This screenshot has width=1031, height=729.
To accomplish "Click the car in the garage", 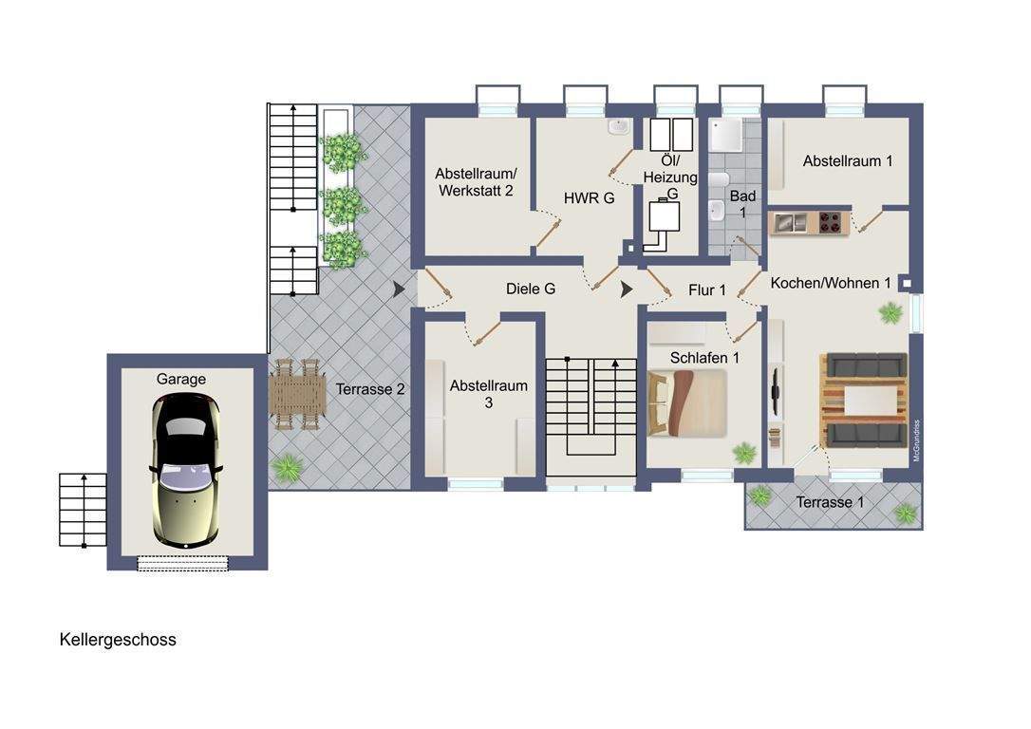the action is [x=185, y=471].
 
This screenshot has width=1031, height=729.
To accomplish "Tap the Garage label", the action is [x=180, y=380].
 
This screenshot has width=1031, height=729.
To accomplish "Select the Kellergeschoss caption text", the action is [x=118, y=640].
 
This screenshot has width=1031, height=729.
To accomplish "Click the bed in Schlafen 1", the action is [x=687, y=403].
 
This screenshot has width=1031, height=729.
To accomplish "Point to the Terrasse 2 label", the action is [x=370, y=389].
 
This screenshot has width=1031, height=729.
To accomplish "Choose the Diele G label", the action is [x=531, y=289].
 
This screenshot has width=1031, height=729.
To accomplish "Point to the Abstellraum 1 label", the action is [x=848, y=161].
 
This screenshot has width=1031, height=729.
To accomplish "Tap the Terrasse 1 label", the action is [x=830, y=502].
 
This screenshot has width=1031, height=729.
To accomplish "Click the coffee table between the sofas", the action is [x=863, y=401].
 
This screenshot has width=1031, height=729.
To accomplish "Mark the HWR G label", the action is [x=589, y=197].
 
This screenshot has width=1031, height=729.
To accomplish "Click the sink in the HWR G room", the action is [x=618, y=127].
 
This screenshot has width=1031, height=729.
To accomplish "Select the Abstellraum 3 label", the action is [x=489, y=394].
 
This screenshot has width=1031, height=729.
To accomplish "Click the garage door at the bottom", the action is [x=183, y=563].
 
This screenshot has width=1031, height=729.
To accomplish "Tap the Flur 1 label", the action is [x=707, y=290].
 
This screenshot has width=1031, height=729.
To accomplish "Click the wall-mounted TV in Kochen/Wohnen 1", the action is [x=776, y=392].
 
